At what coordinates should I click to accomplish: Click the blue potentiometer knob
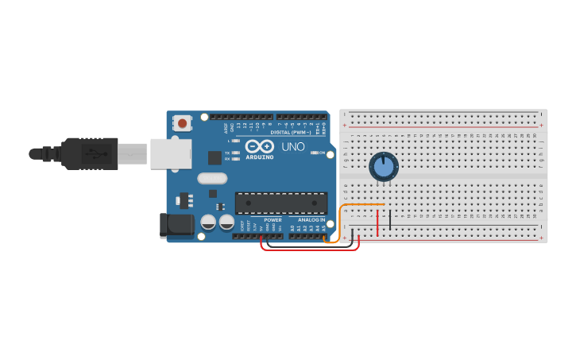[384, 167]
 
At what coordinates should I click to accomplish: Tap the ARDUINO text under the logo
[260, 157]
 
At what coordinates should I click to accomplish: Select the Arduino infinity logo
[259, 146]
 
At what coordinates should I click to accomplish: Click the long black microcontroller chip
[280, 203]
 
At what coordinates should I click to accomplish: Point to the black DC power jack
[176, 225]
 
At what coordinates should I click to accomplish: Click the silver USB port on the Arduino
[171, 153]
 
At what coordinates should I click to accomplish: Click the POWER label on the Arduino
[273, 220]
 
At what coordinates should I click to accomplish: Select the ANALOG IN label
[311, 220]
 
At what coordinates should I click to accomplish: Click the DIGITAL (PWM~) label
[291, 132]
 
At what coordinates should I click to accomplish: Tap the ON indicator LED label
[322, 153]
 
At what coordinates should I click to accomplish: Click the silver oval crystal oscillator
[212, 179]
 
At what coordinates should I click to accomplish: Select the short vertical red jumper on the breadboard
[377, 223]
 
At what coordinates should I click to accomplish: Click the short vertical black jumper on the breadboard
[390, 218]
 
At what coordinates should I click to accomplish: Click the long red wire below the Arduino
[310, 250]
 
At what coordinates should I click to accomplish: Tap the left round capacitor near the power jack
[208, 223]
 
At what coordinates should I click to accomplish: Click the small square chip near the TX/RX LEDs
[215, 157]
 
